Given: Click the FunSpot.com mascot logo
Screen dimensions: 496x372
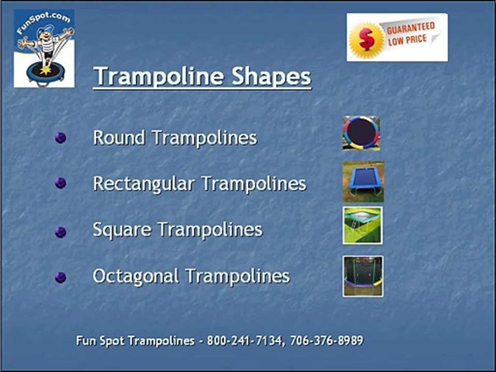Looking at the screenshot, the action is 44,49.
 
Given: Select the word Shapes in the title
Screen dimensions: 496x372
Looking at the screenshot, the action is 271,76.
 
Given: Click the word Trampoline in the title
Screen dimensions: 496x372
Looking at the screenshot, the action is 159,76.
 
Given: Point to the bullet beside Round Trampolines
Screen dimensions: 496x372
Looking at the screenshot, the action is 61,138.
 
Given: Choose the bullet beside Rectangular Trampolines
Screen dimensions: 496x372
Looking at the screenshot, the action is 61,183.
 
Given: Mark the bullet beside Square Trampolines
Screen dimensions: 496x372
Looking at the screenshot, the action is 61,232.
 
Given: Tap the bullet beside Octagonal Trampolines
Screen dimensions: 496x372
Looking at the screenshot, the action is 61,278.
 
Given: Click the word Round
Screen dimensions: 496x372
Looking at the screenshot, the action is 119,138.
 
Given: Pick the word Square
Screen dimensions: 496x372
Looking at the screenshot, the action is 122,230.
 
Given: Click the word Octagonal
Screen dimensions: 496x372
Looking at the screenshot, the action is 136,276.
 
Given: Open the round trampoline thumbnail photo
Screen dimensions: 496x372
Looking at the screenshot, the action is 361,133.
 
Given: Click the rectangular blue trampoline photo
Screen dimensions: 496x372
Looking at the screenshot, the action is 363,182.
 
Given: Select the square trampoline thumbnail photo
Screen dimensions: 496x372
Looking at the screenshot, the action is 363,226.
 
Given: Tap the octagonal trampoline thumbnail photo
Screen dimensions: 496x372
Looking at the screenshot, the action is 363,276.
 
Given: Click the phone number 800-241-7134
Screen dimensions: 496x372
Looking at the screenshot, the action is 244,340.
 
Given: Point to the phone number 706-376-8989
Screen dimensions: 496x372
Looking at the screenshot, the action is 327,340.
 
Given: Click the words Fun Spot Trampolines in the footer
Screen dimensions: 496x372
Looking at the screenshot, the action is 135,341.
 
